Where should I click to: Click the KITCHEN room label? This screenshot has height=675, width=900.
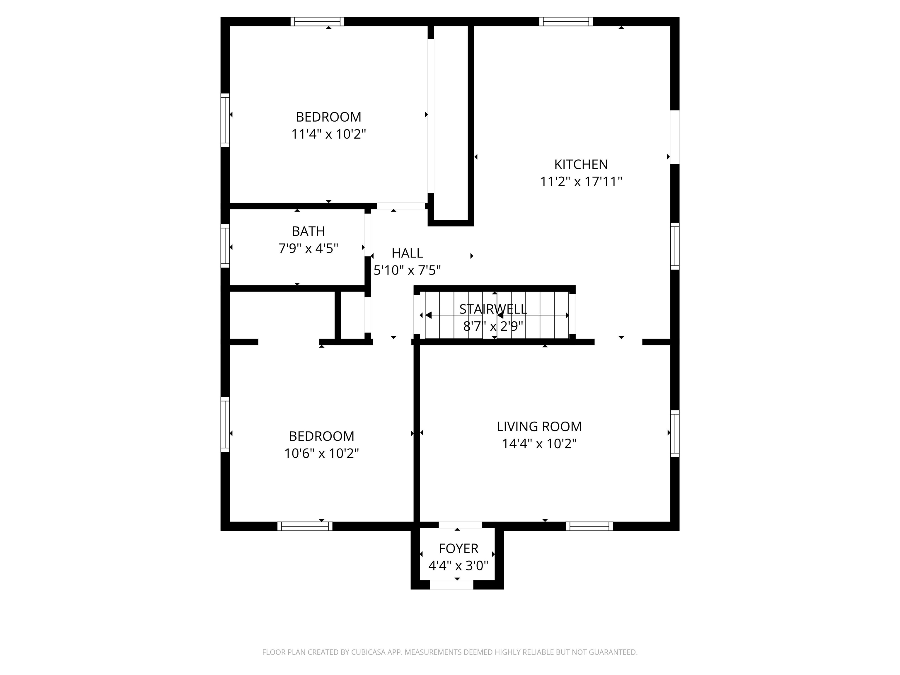[x=581, y=164]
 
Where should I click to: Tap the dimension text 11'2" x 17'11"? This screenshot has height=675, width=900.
[x=581, y=181]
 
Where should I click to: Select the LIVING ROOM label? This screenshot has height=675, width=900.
[x=539, y=426]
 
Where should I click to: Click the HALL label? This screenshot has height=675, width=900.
[x=407, y=253]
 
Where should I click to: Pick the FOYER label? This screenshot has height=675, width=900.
[x=458, y=548]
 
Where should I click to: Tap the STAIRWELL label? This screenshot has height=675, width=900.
[x=493, y=309]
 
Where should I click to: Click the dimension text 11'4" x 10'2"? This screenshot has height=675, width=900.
[x=328, y=134]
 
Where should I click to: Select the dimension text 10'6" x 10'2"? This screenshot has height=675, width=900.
[x=321, y=453]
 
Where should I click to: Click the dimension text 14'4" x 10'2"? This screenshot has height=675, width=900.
[x=539, y=444]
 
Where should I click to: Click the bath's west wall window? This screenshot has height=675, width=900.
[x=225, y=246]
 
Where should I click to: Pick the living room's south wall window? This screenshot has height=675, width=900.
[x=589, y=526]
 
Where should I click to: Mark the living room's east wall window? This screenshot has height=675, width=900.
[x=675, y=433]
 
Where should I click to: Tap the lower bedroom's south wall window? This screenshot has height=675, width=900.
[x=304, y=526]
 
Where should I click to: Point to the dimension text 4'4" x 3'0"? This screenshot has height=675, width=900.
[x=458, y=565]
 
